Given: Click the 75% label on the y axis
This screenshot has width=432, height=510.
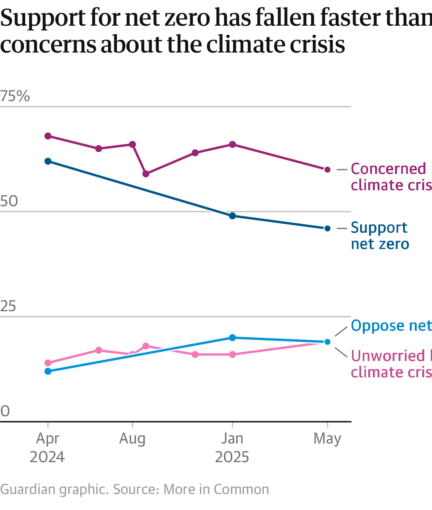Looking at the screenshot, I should [15, 96].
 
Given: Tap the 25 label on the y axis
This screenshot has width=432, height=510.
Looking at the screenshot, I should [8, 307].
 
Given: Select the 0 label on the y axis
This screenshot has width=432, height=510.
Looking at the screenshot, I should [5, 411].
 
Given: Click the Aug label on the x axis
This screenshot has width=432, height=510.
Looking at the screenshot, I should [132, 438].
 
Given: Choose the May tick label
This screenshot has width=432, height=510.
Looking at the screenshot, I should [327, 438].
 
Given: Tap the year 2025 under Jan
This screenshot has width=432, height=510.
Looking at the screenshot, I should [232, 457].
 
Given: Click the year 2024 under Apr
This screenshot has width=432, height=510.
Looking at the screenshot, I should [47, 457].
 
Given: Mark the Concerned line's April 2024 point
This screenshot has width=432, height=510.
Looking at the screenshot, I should [48, 136].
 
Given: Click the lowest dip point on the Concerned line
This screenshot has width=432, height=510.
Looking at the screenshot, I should [146, 174].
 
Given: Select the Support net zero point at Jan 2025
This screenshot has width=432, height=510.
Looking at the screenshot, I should [232, 216].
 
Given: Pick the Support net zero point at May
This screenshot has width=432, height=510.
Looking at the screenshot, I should [327, 228].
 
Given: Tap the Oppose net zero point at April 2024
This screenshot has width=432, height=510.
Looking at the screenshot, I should [48, 371].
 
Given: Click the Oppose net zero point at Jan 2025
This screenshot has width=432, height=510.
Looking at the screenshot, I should [232, 338].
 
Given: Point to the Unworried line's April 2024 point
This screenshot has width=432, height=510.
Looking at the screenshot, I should [48, 363].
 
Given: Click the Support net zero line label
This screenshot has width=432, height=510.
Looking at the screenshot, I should [380, 236].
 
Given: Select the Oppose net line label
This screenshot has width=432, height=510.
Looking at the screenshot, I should [390, 326].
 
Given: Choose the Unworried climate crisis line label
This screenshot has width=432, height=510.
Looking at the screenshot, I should [390, 364].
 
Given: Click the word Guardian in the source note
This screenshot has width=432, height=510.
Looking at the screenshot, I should [27, 489].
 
